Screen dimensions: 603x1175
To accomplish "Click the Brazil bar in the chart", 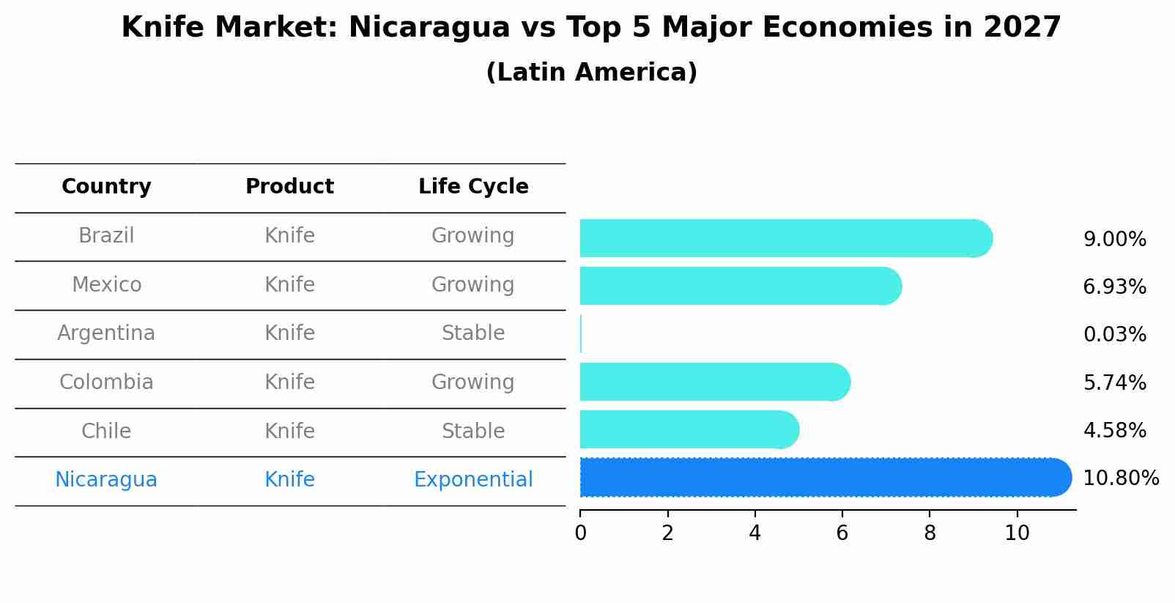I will tap(784, 238).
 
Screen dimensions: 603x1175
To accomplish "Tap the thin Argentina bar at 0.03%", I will tap(581, 334).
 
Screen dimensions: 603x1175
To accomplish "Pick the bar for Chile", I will tap(689, 429).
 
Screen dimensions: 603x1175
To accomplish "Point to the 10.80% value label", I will tap(1120, 478).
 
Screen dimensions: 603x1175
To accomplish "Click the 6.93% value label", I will tap(1114, 287).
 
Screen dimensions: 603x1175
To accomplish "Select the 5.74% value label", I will tap(1114, 382).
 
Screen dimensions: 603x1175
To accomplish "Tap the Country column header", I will tap(106, 187).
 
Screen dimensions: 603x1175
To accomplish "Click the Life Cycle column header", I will tap(473, 187).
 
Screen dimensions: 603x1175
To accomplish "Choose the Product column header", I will tap(289, 187).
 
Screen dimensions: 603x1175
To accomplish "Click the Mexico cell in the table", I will tap(106, 284).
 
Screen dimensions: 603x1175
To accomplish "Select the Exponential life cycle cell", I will tap(473, 480).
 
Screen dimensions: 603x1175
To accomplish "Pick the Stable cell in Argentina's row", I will tap(473, 333).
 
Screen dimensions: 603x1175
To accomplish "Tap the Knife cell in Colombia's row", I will tap(289, 382).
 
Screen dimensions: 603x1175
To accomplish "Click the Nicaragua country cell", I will tap(106, 480).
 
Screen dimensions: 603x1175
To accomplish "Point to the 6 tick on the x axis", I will tap(842, 533).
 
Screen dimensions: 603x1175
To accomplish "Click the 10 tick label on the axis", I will tap(1017, 533).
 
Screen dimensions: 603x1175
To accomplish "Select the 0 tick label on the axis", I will tap(580, 533).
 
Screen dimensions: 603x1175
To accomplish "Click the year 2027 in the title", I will tap(1022, 28).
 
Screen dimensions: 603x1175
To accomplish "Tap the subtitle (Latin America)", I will tap(591, 73).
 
